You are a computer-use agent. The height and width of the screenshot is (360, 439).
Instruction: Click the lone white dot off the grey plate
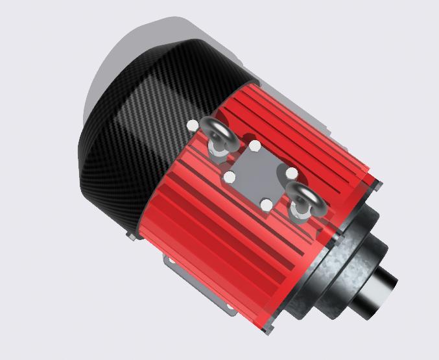click(193, 125)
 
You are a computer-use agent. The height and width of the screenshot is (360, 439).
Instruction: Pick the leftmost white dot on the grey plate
click(229, 176)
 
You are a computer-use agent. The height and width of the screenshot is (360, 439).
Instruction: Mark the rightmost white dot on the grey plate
click(292, 173)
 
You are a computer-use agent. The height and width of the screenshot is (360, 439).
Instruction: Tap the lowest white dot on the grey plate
click(266, 206)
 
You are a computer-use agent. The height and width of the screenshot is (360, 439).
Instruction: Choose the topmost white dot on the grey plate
click(255, 145)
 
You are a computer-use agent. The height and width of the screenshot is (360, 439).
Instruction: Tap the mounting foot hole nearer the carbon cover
click(171, 261)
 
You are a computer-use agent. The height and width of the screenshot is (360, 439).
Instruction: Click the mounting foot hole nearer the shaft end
click(228, 307)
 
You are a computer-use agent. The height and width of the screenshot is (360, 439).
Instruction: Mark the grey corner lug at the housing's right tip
click(377, 186)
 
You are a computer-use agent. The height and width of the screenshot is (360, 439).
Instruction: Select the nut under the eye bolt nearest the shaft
click(300, 213)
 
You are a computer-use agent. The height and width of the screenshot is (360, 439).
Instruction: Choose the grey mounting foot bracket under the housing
click(195, 285)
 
